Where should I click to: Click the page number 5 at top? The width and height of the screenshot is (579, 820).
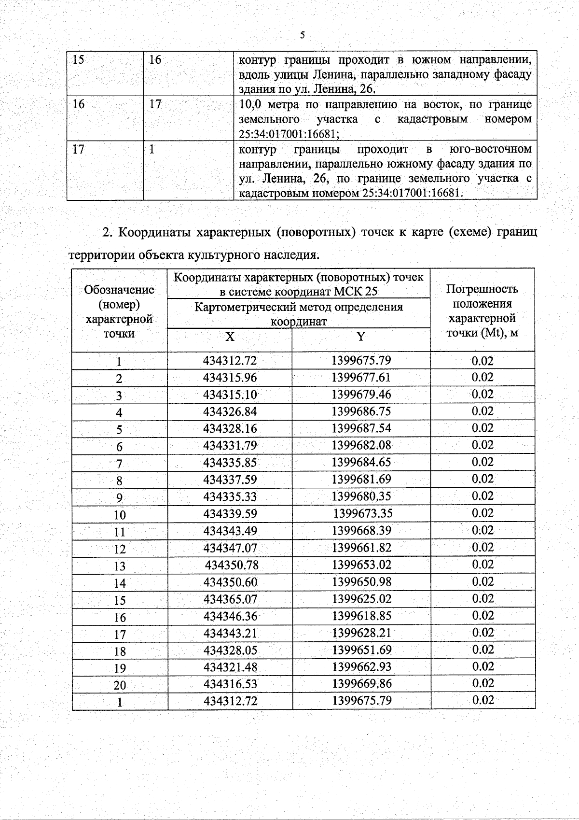303,35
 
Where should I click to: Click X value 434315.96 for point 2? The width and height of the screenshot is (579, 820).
230,378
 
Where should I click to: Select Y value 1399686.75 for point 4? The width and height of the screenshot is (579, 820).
361,411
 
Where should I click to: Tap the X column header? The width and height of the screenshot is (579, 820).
230,337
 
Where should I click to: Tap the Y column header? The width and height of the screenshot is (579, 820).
360,337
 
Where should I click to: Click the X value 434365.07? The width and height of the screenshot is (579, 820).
231,599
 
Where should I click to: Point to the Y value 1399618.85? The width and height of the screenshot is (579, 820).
361,616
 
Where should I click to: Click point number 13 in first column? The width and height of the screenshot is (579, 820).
120,566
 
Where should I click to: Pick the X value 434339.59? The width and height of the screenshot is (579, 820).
231,514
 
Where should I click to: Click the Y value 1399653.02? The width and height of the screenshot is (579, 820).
361,565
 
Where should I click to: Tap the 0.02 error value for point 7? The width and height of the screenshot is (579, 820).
482,462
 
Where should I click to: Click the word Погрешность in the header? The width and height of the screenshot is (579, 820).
482,289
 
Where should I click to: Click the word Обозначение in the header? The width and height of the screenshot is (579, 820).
119,290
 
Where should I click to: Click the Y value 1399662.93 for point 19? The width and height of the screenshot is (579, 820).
361,667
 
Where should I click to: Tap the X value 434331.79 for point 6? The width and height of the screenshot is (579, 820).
230,445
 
